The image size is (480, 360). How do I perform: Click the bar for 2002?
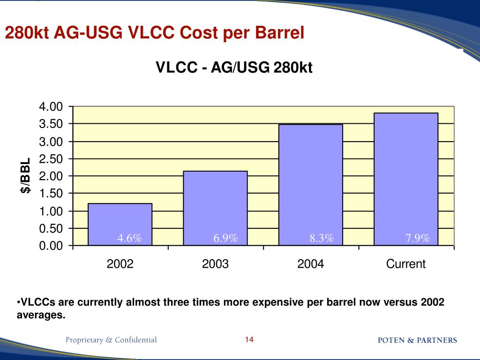[x=120, y=220]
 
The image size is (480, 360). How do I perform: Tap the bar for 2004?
[x=310, y=183]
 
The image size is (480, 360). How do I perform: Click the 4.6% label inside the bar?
[x=130, y=239]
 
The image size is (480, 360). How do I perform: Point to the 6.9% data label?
[x=226, y=239]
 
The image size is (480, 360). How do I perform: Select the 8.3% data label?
[x=322, y=239]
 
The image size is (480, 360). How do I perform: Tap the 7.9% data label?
[x=418, y=239]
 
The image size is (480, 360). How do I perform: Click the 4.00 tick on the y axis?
[x=51, y=107]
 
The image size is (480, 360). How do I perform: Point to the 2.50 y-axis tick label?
[x=51, y=159]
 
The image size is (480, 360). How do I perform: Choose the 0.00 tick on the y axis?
[x=51, y=246]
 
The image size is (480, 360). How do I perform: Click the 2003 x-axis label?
[x=215, y=264]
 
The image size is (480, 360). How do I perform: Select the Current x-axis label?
[x=405, y=264]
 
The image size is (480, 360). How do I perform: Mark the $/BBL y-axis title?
[x=26, y=175]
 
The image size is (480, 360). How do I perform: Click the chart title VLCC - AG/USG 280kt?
[x=233, y=68]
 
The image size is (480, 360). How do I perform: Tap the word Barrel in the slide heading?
[x=280, y=33]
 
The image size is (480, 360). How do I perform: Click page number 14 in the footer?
[x=249, y=340]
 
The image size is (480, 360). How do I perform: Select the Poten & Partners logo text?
[x=417, y=340]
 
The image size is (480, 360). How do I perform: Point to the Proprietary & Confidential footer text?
[x=111, y=340]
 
